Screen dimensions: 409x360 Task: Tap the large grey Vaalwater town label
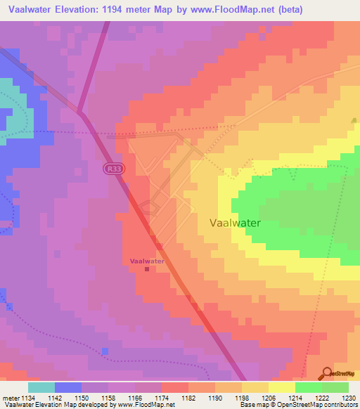coord(236,223)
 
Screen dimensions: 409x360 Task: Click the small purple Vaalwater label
coord(147,261)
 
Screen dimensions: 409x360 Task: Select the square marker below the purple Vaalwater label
coord(147,268)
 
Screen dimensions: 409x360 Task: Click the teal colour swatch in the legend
coord(41,387)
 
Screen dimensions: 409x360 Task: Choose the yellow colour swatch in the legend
coord(281,387)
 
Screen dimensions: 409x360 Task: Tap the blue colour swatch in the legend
coord(67,387)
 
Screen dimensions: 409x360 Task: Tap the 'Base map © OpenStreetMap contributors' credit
coord(298,405)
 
